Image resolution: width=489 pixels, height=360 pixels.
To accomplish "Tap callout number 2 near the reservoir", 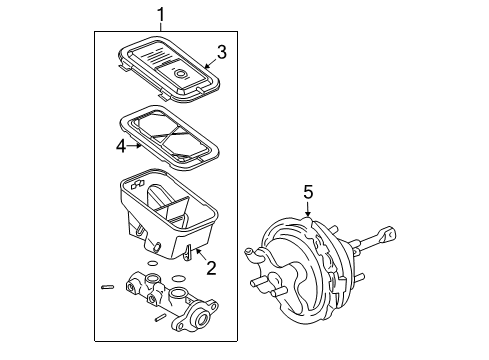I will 210,267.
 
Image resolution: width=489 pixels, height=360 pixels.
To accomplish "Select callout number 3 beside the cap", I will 222,51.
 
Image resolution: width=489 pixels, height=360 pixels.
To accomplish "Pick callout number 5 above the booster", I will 308,191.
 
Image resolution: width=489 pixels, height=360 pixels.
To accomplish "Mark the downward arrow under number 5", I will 308,212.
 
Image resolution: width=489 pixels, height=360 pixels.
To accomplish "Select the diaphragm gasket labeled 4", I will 170,136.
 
